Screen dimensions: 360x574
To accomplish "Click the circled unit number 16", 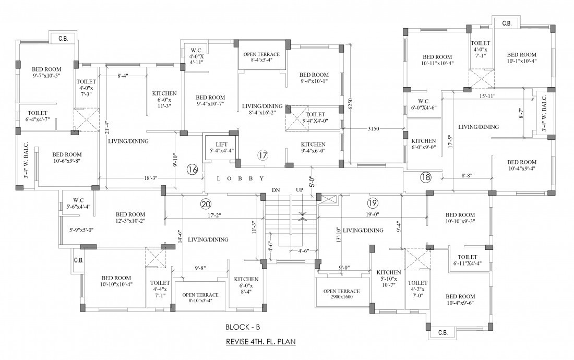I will [193, 169].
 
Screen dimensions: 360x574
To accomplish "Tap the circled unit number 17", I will [263, 155].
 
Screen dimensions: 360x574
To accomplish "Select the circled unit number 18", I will [426, 177].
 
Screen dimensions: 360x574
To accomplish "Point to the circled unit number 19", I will [372, 203].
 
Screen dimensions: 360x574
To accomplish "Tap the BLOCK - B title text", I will [243, 328].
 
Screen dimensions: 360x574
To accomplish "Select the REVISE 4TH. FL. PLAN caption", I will [260, 343].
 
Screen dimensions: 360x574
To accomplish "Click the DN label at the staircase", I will [276, 190].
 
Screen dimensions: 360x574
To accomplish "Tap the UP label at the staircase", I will [300, 190].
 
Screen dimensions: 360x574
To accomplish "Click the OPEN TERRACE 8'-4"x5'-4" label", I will [262, 57].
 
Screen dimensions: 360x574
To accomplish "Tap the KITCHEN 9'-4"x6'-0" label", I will [313, 148].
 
